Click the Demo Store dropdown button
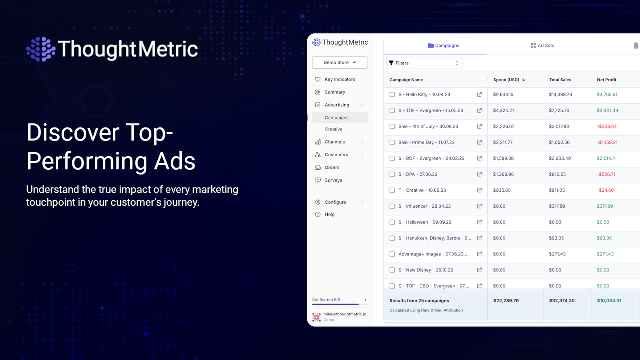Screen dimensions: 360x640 340,62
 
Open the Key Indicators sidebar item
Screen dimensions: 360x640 340,79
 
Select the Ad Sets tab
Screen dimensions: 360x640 542,45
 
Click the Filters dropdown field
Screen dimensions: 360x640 424,63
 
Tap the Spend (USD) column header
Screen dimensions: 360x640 506,80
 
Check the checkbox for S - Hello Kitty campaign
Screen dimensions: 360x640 392,94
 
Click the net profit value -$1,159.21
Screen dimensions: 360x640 607,142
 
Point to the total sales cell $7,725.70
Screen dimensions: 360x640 559,110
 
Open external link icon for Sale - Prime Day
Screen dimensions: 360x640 479,142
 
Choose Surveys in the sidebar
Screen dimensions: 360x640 333,180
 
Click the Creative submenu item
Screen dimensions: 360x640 333,129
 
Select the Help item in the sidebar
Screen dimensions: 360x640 329,214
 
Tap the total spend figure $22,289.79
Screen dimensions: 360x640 506,301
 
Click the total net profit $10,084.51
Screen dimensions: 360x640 609,301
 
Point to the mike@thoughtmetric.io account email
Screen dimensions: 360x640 345,314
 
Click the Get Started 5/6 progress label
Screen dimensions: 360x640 326,300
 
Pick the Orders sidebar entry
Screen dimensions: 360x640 332,167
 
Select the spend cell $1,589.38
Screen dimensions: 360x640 503,158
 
